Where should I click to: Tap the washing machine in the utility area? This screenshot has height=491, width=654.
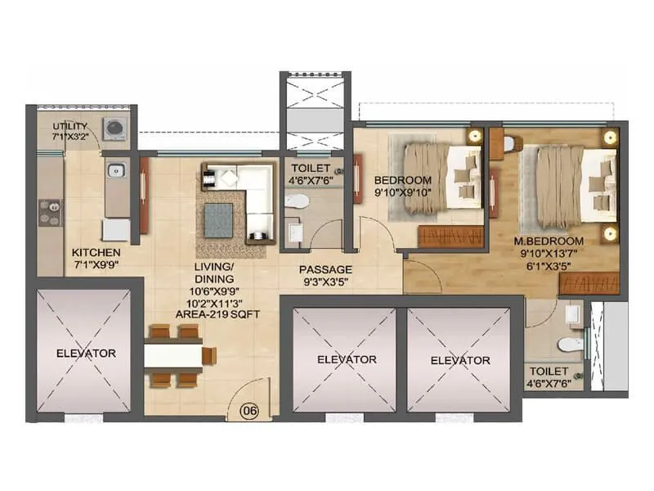click(113, 128)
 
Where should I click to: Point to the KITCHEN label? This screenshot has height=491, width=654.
click(96, 252)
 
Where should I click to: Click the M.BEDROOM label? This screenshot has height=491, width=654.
click(549, 241)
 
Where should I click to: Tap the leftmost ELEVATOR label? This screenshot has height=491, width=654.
click(87, 354)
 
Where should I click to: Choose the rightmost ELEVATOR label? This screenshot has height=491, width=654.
click(460, 360)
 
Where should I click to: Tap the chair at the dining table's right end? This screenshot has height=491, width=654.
click(209, 355)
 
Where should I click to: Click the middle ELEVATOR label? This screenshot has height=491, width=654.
click(346, 359)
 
